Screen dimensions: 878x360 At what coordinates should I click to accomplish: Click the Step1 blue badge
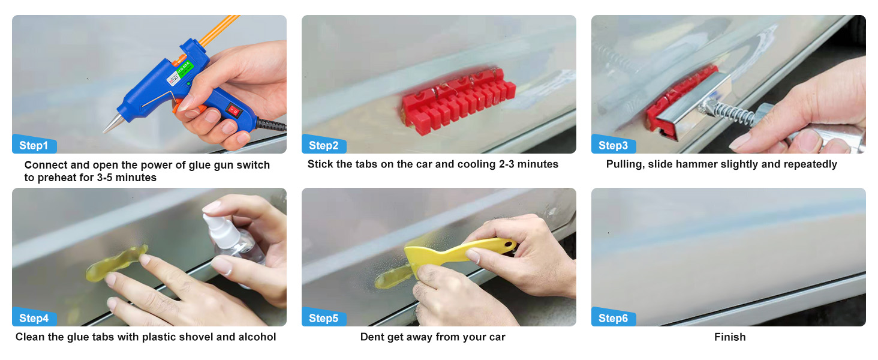coord(35,145)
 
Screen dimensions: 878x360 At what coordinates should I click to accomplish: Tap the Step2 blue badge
coord(324,145)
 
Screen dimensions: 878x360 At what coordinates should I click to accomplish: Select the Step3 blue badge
coord(614,145)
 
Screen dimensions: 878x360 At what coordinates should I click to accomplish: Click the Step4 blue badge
coord(35,317)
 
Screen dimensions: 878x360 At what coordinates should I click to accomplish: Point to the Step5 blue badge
coord(324,317)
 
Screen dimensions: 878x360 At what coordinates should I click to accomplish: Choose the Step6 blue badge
coord(614,317)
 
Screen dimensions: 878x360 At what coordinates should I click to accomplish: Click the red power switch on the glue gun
coord(234,110)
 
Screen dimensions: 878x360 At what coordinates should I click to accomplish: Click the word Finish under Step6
coord(730,337)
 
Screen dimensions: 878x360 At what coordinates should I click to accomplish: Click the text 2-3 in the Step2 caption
coord(506,164)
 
